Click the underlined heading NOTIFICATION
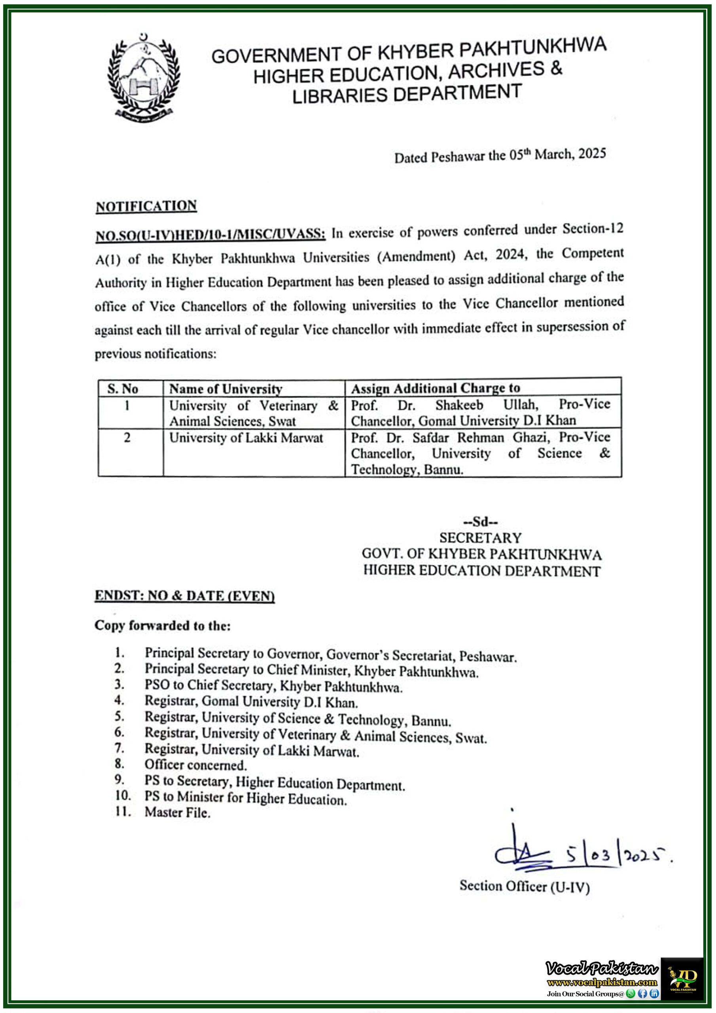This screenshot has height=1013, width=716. click(146, 206)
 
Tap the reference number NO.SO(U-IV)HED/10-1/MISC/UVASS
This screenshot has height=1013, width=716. click(210, 234)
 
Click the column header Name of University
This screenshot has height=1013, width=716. click(225, 389)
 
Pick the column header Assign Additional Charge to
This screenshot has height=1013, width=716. click(436, 388)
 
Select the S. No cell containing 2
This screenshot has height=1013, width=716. click(127, 438)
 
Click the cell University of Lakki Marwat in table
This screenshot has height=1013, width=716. click(246, 438)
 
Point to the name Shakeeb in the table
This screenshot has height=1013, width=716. click(459, 404)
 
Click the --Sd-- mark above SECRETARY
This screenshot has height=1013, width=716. click(480, 522)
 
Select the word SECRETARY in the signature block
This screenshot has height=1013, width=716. click(480, 538)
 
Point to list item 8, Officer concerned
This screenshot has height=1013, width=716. click(195, 764)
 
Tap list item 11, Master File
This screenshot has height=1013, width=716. click(177, 812)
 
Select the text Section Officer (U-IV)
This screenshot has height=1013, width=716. click(524, 886)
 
